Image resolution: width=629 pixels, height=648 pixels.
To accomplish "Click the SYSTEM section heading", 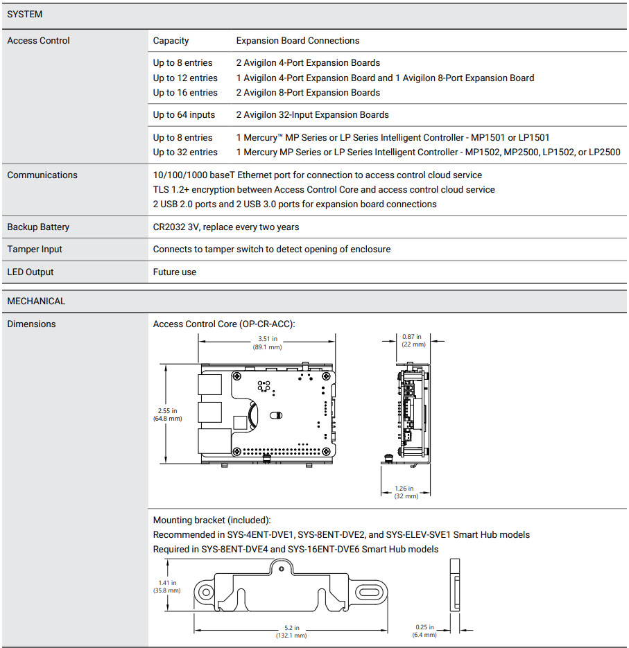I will [x=24, y=15].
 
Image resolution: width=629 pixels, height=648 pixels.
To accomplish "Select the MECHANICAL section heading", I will [x=36, y=301].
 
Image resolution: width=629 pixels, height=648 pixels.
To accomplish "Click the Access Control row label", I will [x=38, y=41].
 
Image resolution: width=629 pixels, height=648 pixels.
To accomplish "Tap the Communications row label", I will [x=42, y=175].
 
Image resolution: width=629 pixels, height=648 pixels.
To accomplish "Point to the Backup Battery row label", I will [x=38, y=227].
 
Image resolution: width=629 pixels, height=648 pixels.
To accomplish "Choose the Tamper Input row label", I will [x=35, y=249].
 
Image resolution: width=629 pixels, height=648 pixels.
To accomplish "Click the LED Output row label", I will [x=30, y=272].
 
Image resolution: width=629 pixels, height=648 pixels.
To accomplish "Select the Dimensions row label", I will [x=31, y=324].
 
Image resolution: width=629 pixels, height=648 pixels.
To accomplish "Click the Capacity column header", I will [x=171, y=41].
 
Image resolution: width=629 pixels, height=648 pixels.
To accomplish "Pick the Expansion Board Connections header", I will [x=298, y=41].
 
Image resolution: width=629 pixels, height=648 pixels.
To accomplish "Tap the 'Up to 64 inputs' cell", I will [x=184, y=115].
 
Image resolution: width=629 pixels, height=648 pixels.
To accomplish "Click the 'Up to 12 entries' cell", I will [x=185, y=78].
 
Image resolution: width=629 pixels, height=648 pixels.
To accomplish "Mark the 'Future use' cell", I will [x=174, y=272].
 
